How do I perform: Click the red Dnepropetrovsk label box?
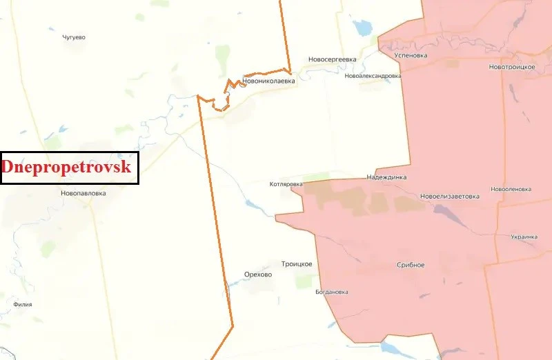tap(70, 168)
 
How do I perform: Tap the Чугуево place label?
tap(73, 37)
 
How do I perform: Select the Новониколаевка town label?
tap(268, 81)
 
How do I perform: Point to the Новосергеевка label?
tap(333, 59)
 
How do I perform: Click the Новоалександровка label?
tap(373, 76)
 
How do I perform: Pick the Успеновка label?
tap(410, 55)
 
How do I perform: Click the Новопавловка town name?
tap(83, 194)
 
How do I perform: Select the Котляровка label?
tap(286, 185)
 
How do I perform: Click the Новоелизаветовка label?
tap(449, 197)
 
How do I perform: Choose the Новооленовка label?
tap(511, 189)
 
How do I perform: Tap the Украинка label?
tap(524, 237)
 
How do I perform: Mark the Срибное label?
tap(411, 266)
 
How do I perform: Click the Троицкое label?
tap(297, 264)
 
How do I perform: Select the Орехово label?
tap(258, 274)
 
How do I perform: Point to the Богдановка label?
tap(331, 292)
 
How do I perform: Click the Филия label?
tap(23, 303)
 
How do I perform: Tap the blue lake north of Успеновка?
tap(362, 28)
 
